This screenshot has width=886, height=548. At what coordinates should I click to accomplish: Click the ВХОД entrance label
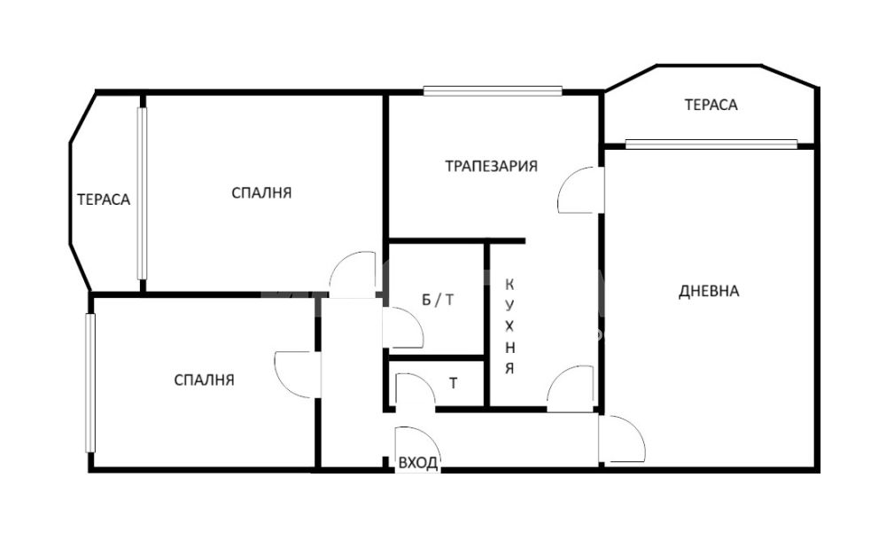click(417, 463)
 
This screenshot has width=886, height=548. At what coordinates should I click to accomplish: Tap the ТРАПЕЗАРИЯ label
click(491, 167)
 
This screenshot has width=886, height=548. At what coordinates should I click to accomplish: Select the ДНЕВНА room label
click(709, 291)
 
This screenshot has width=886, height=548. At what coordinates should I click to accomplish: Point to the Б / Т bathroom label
click(438, 300)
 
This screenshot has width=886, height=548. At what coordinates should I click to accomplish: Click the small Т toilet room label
click(453, 383)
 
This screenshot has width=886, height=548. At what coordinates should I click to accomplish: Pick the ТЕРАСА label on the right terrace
click(711, 105)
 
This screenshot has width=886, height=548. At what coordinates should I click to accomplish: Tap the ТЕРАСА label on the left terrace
click(104, 200)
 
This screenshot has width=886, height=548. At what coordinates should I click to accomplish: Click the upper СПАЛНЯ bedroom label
click(261, 192)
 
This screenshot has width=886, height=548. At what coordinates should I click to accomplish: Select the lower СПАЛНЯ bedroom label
click(204, 380)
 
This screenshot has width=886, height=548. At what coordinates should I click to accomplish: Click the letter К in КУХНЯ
click(509, 284)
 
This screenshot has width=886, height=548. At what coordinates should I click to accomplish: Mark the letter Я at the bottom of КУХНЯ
click(509, 369)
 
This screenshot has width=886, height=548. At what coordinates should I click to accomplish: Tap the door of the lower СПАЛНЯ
click(298, 374)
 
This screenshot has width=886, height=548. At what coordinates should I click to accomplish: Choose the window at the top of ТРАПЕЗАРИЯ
click(493, 90)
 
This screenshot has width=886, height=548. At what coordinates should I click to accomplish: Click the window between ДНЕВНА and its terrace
click(711, 144)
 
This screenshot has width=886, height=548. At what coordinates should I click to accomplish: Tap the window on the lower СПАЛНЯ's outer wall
click(90, 383)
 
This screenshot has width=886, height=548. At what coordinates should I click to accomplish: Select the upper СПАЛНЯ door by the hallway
click(354, 274)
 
